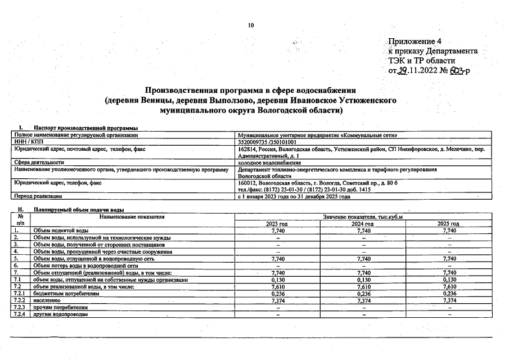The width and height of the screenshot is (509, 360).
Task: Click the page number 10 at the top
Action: tap(251, 25)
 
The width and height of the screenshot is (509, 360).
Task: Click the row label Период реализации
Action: tap(38, 196)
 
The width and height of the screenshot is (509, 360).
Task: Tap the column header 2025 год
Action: tap(448, 224)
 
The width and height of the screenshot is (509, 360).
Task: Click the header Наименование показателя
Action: tap(131, 217)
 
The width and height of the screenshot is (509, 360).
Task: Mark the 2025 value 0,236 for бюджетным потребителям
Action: tap(449, 293)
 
